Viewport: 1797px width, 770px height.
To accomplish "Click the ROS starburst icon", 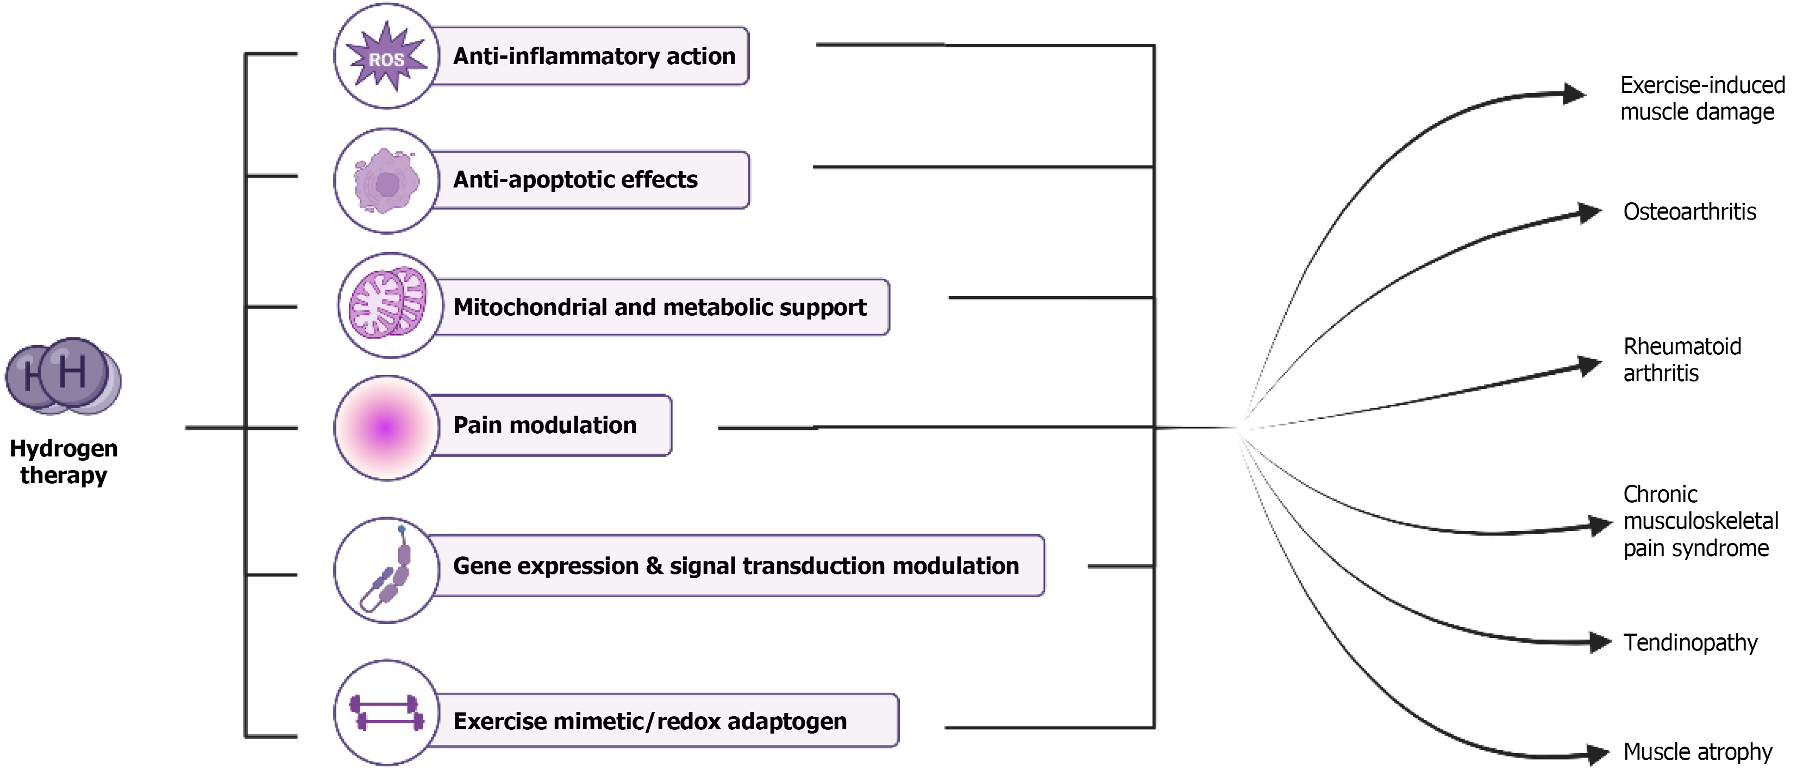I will pyautogui.click(x=386, y=57).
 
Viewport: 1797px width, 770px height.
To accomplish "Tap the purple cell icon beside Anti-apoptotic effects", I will pyautogui.click(x=386, y=182).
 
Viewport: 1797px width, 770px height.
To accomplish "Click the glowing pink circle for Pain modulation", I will pyautogui.click(x=386, y=428).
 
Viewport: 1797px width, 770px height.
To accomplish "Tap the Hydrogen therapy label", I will pyautogui.click(x=64, y=461).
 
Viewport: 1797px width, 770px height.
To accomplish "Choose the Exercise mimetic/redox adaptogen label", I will pyautogui.click(x=649, y=721).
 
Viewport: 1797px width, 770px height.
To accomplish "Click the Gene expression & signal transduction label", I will pyautogui.click(x=735, y=566).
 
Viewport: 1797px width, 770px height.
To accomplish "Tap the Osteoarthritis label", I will pyautogui.click(x=1689, y=211).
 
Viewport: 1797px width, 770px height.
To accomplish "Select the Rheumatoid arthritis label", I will pyautogui.click(x=1681, y=359).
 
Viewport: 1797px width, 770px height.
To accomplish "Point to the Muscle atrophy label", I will pyautogui.click(x=1696, y=752).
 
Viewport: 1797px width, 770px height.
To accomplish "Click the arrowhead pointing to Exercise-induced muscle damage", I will pyautogui.click(x=1574, y=93).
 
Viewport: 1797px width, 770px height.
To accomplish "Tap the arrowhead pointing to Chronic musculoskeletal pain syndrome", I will pyautogui.click(x=1600, y=525).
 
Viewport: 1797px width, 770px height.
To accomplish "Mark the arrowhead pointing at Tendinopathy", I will pyautogui.click(x=1600, y=642).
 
